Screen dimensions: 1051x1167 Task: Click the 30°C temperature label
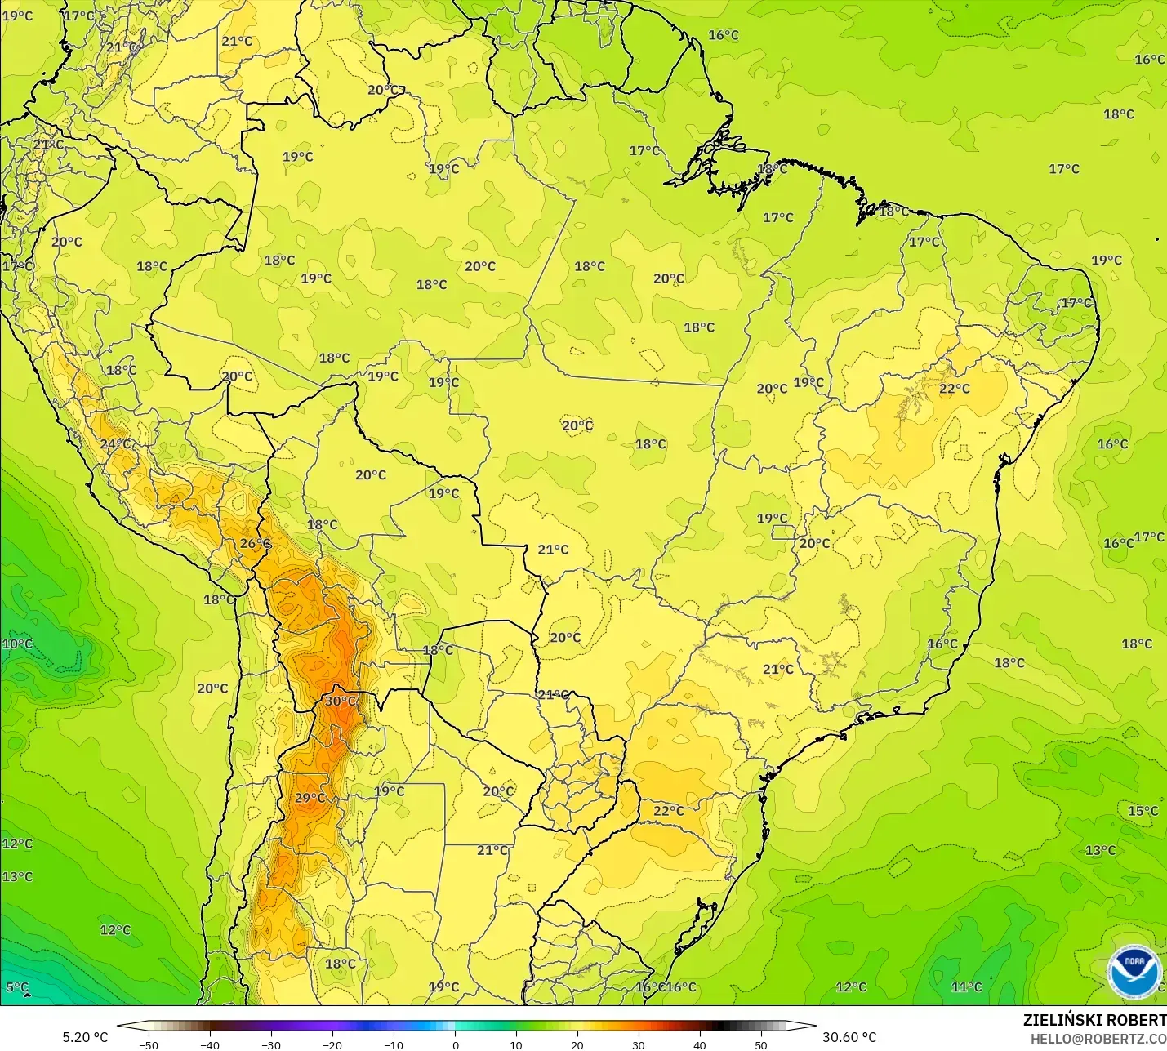click(340, 701)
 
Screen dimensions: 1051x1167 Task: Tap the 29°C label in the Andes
click(310, 798)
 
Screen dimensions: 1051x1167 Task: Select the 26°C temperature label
click(255, 543)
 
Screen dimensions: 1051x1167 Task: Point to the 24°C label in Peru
click(115, 444)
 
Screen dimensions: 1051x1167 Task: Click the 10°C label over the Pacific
click(17, 644)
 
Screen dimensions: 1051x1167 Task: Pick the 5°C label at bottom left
click(17, 986)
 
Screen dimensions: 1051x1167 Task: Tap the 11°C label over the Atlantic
click(966, 986)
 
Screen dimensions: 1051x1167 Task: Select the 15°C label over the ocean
click(1143, 811)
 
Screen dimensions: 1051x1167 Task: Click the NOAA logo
click(1134, 972)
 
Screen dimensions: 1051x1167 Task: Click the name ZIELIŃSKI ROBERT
click(1094, 1020)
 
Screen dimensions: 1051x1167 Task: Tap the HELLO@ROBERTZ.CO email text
click(1098, 1039)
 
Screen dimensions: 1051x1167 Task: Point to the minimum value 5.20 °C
click(85, 1037)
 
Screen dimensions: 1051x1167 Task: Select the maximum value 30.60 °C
click(849, 1037)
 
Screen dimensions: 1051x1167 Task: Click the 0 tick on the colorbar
click(455, 1044)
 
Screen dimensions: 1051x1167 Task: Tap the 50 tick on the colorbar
click(761, 1044)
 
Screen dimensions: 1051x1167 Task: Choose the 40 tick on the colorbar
click(700, 1044)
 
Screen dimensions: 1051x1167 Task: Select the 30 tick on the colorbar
click(639, 1044)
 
